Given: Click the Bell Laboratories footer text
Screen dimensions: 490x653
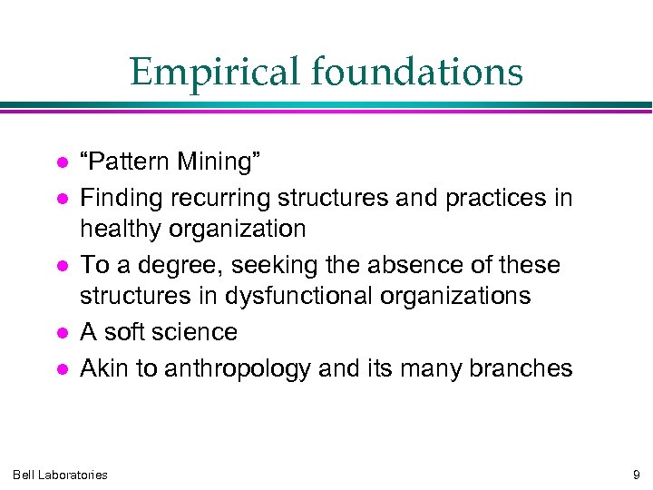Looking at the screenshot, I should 60,474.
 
